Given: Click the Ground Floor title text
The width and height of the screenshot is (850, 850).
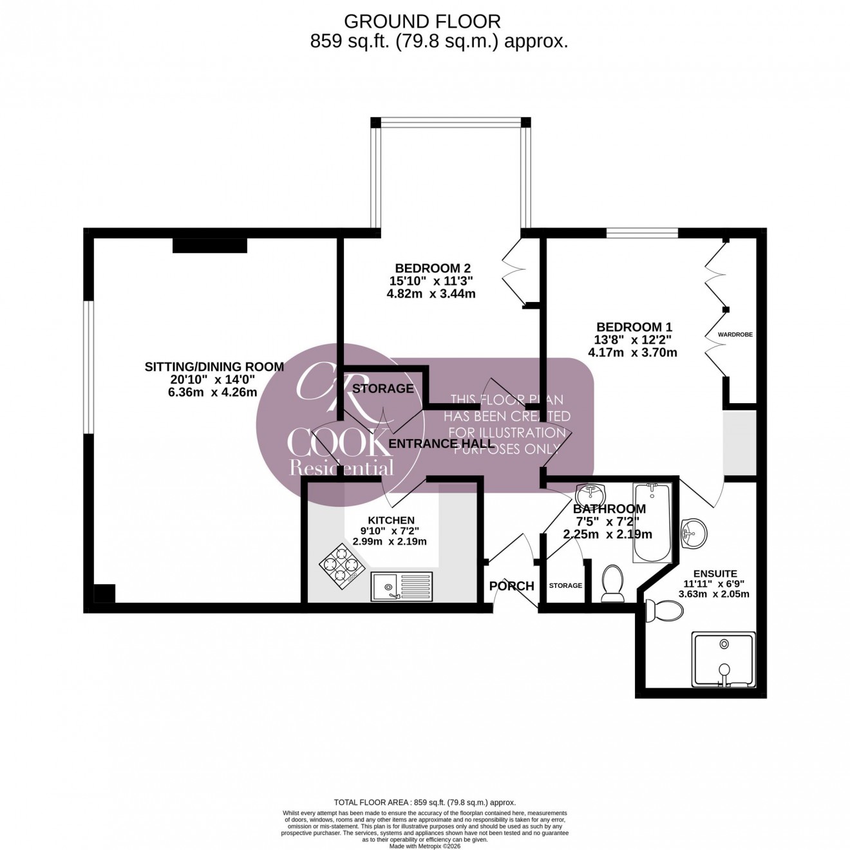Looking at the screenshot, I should click(422, 21).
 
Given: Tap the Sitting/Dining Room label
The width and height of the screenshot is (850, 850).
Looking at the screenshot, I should click(214, 367).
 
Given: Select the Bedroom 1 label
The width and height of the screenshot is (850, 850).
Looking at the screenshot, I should click(628, 327).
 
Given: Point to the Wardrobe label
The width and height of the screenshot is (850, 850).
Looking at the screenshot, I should click(735, 335).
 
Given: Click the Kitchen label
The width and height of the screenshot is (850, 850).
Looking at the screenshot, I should click(391, 520).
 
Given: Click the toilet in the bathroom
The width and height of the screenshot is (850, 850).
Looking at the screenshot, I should click(612, 583).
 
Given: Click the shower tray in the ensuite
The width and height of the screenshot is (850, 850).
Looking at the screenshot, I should click(724, 659).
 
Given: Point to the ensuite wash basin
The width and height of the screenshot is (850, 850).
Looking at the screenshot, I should click(693, 532).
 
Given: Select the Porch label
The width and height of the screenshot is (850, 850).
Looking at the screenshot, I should click(511, 586).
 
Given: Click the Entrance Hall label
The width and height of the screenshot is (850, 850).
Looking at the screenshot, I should click(442, 444).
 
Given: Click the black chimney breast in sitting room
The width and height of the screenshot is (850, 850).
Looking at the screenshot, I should click(209, 245).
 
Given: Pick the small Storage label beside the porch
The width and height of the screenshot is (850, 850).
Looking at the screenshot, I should click(565, 586).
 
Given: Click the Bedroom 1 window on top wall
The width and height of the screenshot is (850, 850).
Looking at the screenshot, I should click(641, 233).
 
